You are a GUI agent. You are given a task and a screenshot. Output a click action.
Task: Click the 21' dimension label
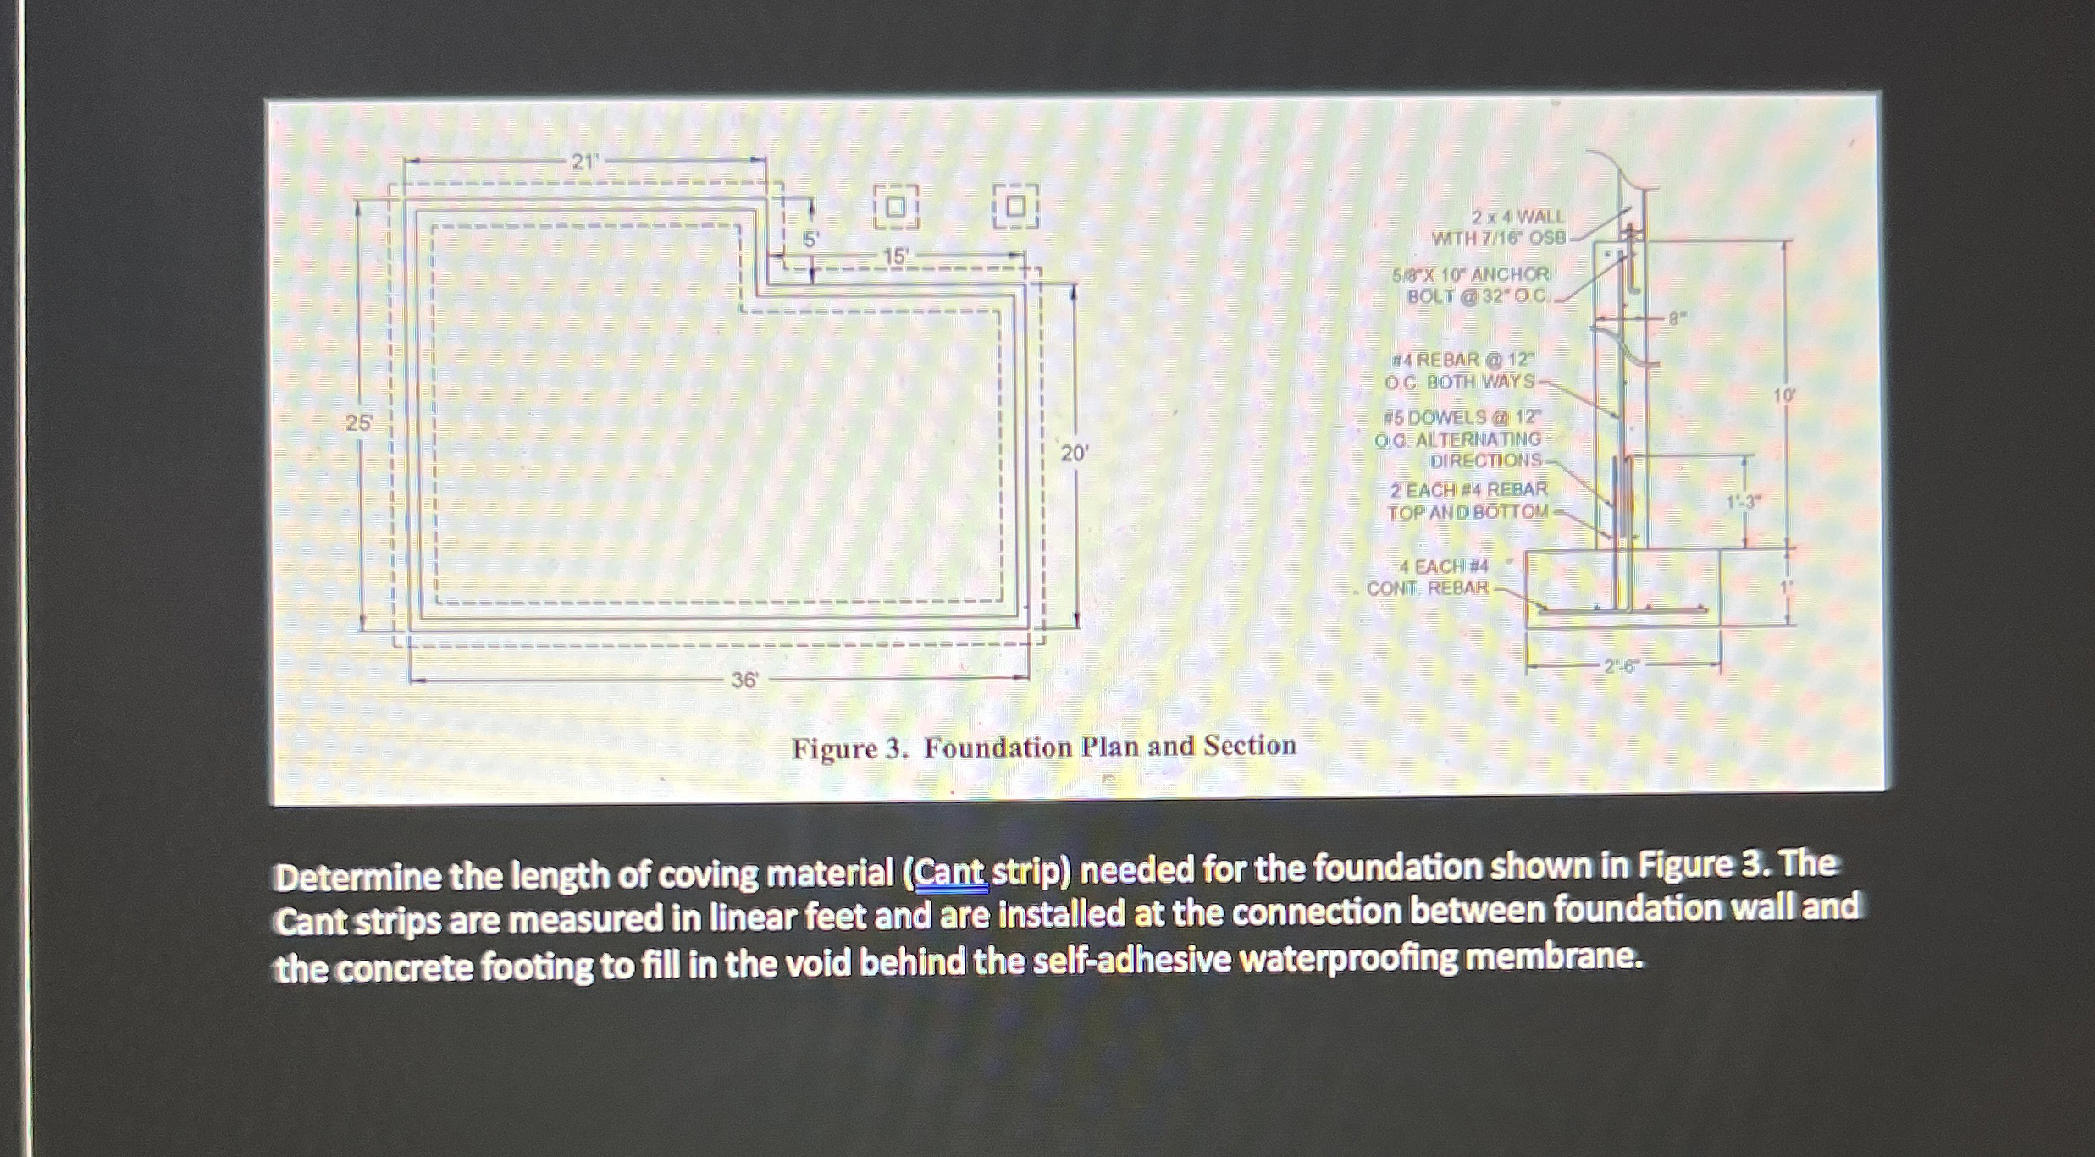pyautogui.click(x=583, y=162)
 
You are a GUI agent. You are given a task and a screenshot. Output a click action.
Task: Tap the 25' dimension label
pyautogui.click(x=358, y=423)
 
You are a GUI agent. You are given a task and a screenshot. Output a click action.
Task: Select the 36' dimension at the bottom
pyautogui.click(x=743, y=680)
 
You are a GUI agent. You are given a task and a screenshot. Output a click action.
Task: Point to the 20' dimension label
pyautogui.click(x=1074, y=454)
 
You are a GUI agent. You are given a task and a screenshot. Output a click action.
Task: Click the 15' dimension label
pyautogui.click(x=895, y=256)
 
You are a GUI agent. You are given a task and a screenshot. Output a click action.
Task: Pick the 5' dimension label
pyautogui.click(x=810, y=240)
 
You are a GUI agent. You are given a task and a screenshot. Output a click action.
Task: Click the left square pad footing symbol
pyautogui.click(x=896, y=207)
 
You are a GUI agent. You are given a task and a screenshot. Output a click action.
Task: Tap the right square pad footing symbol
pyautogui.click(x=1015, y=207)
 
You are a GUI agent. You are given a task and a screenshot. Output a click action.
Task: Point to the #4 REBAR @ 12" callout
pyautogui.click(x=1473, y=361)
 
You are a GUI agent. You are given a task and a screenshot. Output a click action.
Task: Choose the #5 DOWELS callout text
pyautogui.click(x=1462, y=418)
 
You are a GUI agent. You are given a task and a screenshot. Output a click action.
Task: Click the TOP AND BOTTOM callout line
pyautogui.click(x=1467, y=512)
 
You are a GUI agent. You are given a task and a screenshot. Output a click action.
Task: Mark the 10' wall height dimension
pyautogui.click(x=1784, y=395)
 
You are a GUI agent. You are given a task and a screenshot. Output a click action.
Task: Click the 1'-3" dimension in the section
pyautogui.click(x=1743, y=502)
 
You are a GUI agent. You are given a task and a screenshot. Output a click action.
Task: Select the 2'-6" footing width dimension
pyautogui.click(x=1621, y=666)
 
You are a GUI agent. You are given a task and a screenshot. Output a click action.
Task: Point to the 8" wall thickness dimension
pyautogui.click(x=1674, y=319)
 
